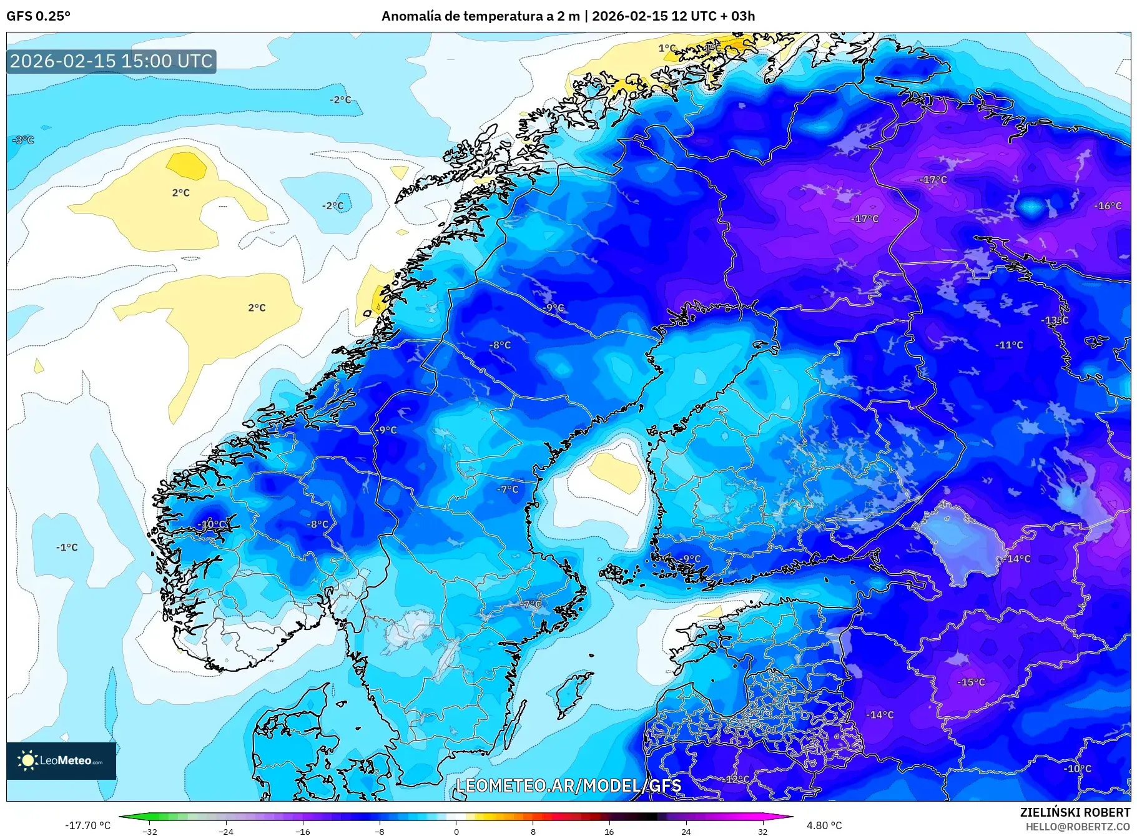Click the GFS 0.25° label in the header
38,16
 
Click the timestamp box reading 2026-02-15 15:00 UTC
111,61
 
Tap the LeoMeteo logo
61,760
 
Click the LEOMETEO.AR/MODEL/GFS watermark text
568,785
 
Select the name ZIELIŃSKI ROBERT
1075,812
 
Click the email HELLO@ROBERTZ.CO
1077,827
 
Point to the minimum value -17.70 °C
87,825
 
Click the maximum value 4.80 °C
824,825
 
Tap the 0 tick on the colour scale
456,831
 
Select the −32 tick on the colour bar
150,831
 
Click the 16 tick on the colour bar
609,831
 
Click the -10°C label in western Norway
212,524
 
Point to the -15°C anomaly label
971,682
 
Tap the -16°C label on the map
1108,206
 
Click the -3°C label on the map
23,140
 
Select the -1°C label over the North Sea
67,548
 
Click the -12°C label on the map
737,779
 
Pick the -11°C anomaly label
1009,345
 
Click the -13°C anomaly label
1055,320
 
